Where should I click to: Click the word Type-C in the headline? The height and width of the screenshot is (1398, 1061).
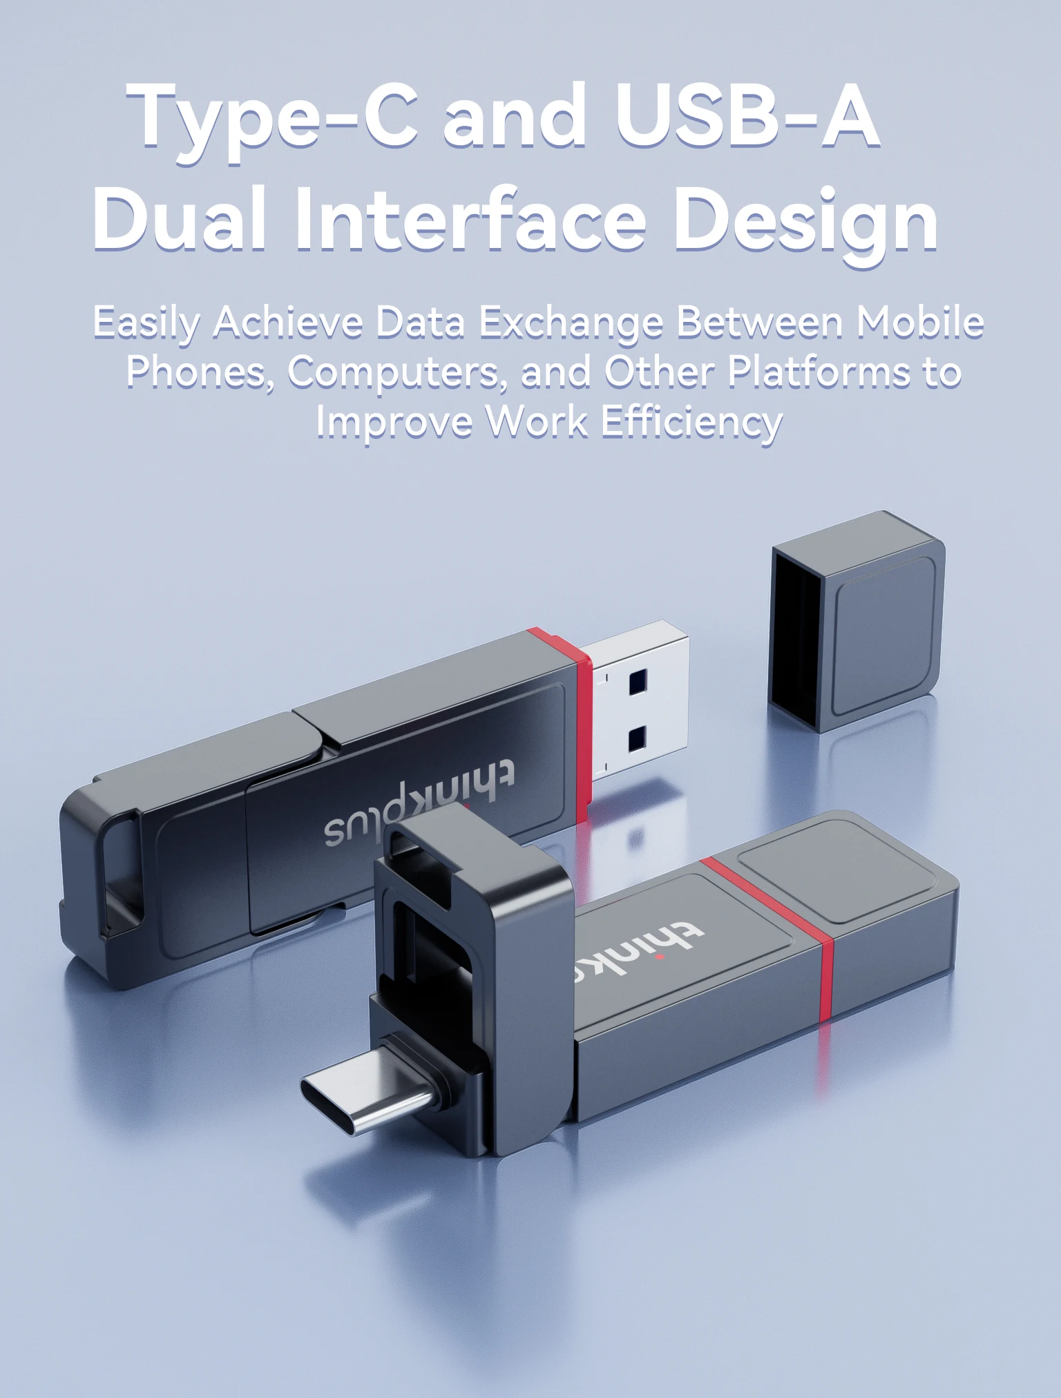[x=272, y=117]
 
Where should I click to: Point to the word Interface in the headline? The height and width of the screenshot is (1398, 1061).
[x=470, y=220]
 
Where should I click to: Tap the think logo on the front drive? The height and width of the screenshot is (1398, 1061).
[x=635, y=950]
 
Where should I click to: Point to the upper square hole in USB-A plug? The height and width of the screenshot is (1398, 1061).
[x=638, y=681]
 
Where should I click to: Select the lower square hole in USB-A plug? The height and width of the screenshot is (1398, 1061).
[x=637, y=739]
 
